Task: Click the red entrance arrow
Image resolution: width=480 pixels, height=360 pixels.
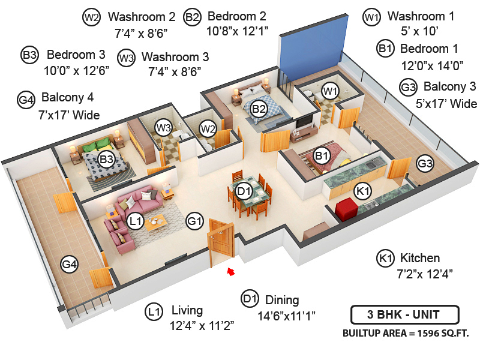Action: [x=230, y=273]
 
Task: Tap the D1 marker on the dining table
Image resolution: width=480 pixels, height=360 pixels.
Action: [x=243, y=191]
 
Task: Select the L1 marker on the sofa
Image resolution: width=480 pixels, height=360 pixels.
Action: [x=136, y=222]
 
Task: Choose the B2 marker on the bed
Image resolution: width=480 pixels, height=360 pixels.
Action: [x=259, y=109]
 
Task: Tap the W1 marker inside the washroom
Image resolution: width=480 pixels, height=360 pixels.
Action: [x=329, y=91]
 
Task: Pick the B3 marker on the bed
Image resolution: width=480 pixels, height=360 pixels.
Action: [x=107, y=160]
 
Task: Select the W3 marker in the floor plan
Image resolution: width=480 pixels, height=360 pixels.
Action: [x=163, y=127]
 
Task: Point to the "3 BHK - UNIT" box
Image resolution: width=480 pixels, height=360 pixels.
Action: [x=404, y=314]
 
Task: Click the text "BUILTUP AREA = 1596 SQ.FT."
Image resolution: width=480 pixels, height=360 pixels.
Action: [x=405, y=332]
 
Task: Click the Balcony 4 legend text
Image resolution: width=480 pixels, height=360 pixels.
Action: [x=68, y=97]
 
